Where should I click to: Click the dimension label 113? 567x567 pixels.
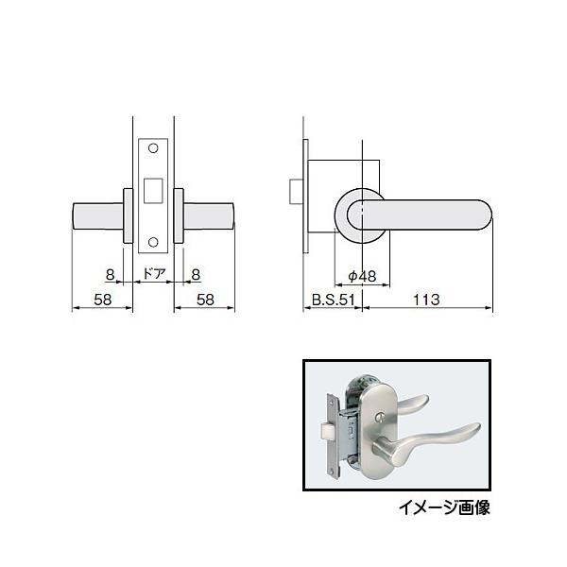click(426, 300)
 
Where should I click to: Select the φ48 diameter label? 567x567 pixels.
click(362, 277)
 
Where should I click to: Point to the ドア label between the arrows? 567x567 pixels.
click(154, 273)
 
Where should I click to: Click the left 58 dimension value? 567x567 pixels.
click(103, 300)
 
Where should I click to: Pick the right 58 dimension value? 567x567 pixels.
click(205, 300)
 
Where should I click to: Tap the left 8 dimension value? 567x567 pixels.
click(110, 275)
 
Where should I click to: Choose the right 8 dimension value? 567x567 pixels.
click(196, 275)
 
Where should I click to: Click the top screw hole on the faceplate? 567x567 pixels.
click(153, 148)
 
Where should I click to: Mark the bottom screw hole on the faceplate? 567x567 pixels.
click(153, 242)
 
